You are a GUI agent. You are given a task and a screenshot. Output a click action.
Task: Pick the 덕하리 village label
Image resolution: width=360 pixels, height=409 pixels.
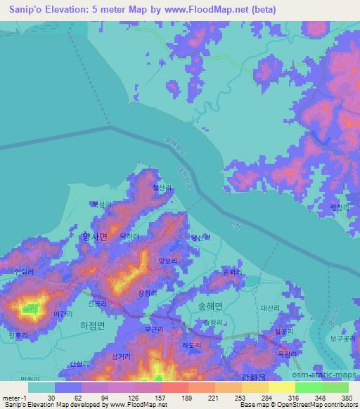151,238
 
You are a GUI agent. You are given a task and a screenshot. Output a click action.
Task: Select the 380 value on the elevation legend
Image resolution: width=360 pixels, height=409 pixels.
346,398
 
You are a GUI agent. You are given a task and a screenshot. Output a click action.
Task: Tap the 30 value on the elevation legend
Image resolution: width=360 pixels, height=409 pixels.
51,398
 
